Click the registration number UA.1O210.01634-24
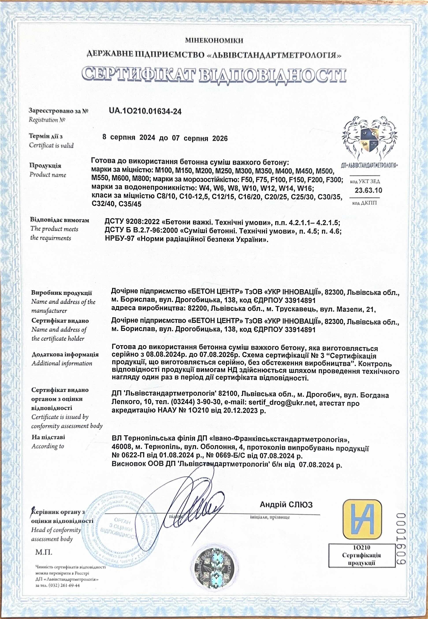(x=145, y=111)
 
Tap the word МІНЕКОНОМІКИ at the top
(x=214, y=41)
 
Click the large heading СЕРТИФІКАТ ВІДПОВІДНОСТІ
(x=214, y=75)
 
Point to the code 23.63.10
(x=368, y=191)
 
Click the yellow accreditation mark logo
(x=362, y=519)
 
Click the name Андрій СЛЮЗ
(x=286, y=505)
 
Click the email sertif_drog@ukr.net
(x=282, y=403)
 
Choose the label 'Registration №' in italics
(x=47, y=120)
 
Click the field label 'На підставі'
(x=48, y=437)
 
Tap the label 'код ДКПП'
(x=364, y=203)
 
